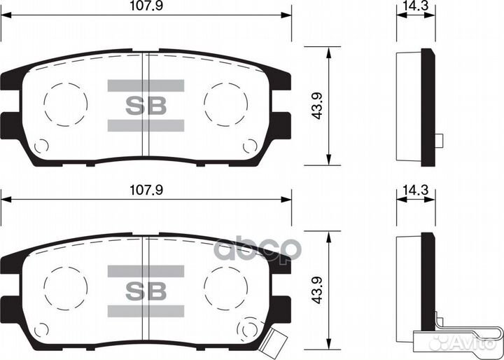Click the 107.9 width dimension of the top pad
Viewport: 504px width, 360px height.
point(146,7)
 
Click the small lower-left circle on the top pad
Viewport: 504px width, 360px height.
point(41,146)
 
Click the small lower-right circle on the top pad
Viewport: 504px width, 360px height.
point(249,146)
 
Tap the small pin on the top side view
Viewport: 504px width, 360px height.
point(439,140)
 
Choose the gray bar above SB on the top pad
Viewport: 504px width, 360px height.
point(146,86)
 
